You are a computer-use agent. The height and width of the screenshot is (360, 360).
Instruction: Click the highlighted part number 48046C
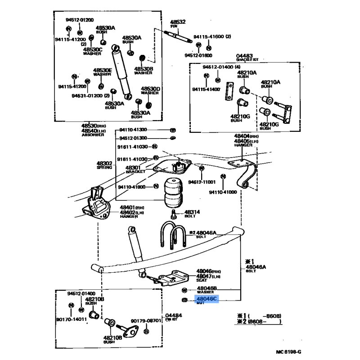[206, 298]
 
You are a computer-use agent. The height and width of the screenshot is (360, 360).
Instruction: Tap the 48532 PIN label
[177, 23]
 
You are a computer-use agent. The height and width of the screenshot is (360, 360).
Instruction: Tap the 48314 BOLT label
[193, 213]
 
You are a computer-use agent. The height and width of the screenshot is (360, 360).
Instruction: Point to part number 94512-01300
[134, 138]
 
